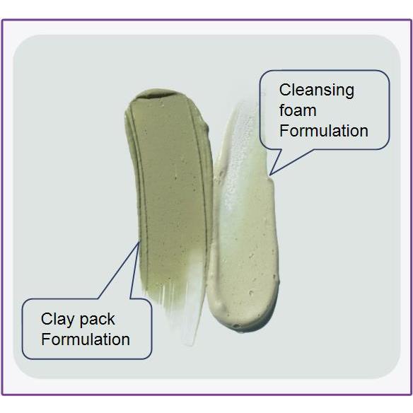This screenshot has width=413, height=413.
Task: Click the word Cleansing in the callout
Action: (x=317, y=91)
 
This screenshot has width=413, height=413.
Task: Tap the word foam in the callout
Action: (x=298, y=110)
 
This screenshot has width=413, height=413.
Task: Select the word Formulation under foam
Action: (x=324, y=131)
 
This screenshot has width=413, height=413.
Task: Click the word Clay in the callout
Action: (x=57, y=320)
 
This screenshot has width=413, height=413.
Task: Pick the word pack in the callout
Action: (x=97, y=320)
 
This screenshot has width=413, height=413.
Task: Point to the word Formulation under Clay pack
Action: (x=86, y=339)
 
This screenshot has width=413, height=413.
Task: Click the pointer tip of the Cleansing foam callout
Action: (x=269, y=175)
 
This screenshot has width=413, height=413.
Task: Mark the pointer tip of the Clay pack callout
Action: (x=139, y=242)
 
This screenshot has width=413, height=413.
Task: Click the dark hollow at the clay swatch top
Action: (x=158, y=95)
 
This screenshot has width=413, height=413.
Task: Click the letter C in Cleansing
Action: (x=285, y=90)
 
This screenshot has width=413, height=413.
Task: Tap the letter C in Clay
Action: (x=47, y=319)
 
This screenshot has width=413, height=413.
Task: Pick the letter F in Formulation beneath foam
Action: (x=284, y=131)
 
